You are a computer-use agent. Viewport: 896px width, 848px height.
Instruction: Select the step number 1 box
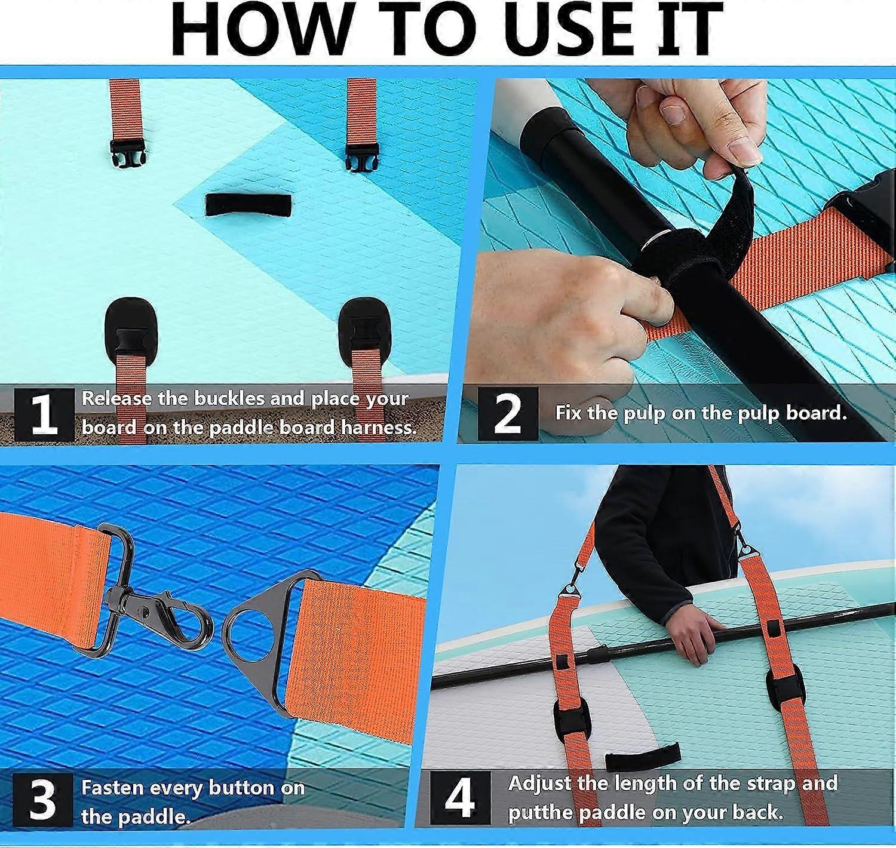pyautogui.click(x=44, y=414)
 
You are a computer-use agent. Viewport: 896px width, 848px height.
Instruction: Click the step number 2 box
pyautogui.click(x=508, y=414)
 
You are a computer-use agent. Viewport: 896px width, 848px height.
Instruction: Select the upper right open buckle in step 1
pyautogui.click(x=362, y=156)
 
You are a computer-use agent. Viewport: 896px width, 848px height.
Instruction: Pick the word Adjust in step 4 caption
pyautogui.click(x=540, y=784)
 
